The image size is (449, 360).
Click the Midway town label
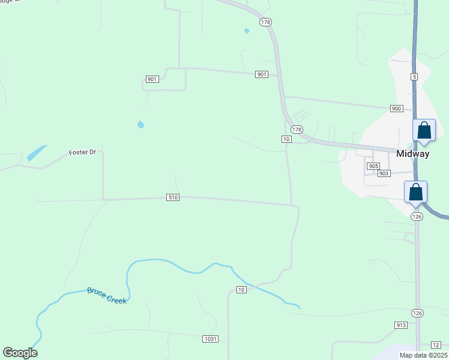click(x=413, y=154)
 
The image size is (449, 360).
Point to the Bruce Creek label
click(x=107, y=295)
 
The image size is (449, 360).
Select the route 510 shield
click(x=173, y=197)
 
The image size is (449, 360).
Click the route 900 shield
click(x=396, y=109)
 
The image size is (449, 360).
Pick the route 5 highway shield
click(x=414, y=77)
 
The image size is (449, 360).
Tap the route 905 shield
click(x=373, y=166)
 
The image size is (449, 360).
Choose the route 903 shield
click(x=384, y=173)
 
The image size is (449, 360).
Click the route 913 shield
click(x=401, y=325)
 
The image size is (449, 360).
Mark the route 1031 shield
click(x=209, y=339)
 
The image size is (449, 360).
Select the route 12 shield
click(x=436, y=344)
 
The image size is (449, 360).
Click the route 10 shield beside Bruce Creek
click(x=241, y=290)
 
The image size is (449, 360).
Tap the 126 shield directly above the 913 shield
click(x=417, y=313)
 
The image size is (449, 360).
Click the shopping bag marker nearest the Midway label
click(x=424, y=131)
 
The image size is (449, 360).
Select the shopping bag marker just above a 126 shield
click(x=415, y=193)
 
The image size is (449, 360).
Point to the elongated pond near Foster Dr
click(x=37, y=153)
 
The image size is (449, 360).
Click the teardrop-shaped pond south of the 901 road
click(x=140, y=124)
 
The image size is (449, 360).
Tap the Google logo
click(x=20, y=353)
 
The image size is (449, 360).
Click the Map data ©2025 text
click(x=423, y=355)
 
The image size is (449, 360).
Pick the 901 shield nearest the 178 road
click(x=261, y=74)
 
